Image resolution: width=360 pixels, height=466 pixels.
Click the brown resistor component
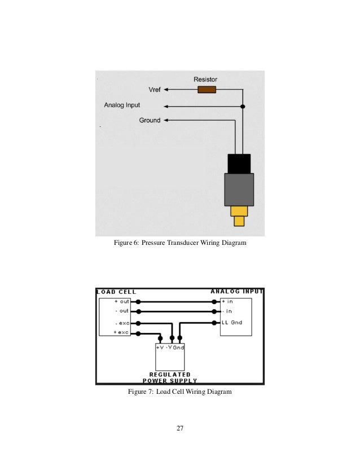pos(207,89)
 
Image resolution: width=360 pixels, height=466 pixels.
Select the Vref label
pos(155,89)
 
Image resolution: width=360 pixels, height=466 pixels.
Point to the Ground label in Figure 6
pos(150,120)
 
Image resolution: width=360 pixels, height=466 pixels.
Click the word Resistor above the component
pos(205,80)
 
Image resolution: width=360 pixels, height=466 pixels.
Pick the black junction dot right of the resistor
pos(243,105)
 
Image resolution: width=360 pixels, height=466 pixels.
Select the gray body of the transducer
pos(239,190)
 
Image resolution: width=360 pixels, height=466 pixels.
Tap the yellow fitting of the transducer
pos(239,216)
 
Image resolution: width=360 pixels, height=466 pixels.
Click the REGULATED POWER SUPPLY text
pos(170,377)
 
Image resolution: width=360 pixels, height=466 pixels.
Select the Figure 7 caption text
pos(180,392)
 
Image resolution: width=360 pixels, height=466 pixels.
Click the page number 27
pos(180,429)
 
